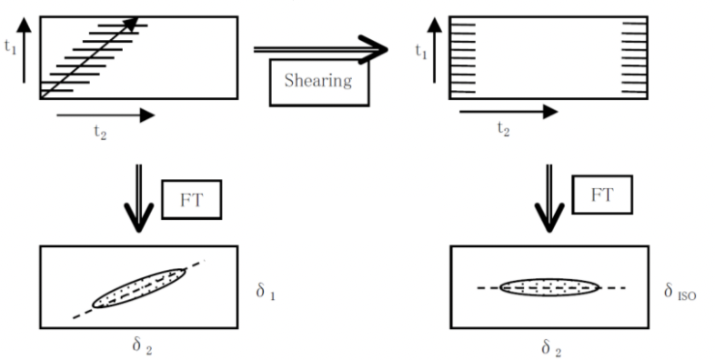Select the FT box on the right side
point(602,195)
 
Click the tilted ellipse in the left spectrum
point(139,288)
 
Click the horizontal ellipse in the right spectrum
point(549,287)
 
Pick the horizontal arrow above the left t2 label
point(105,115)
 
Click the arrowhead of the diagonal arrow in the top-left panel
point(133,22)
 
